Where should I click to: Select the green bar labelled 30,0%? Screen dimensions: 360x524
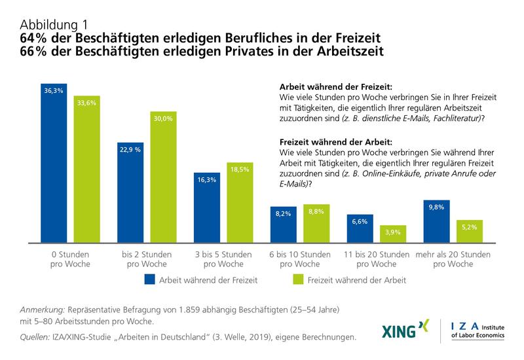point(164,177)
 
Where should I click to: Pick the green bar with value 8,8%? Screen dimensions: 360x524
point(316,223)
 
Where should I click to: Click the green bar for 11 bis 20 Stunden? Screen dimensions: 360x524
point(393,234)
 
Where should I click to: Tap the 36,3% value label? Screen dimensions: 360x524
point(53,90)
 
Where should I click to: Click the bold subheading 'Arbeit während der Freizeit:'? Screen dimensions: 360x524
point(335,86)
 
